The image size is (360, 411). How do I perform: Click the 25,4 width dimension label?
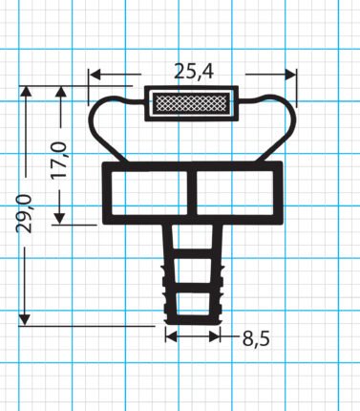pyautogui.click(x=194, y=72)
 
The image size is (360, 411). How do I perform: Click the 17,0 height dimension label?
pyautogui.click(x=59, y=160)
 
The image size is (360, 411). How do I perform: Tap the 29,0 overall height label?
pyautogui.click(x=24, y=214)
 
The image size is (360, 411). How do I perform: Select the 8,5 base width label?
pyautogui.click(x=256, y=338)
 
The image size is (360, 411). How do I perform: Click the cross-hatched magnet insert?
pyautogui.click(x=191, y=102)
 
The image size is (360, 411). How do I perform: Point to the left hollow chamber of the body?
pyautogui.click(x=149, y=193)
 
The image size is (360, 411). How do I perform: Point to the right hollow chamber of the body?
pyautogui.click(x=235, y=193)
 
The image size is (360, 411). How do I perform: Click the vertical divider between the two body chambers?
pyautogui.click(x=192, y=193)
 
